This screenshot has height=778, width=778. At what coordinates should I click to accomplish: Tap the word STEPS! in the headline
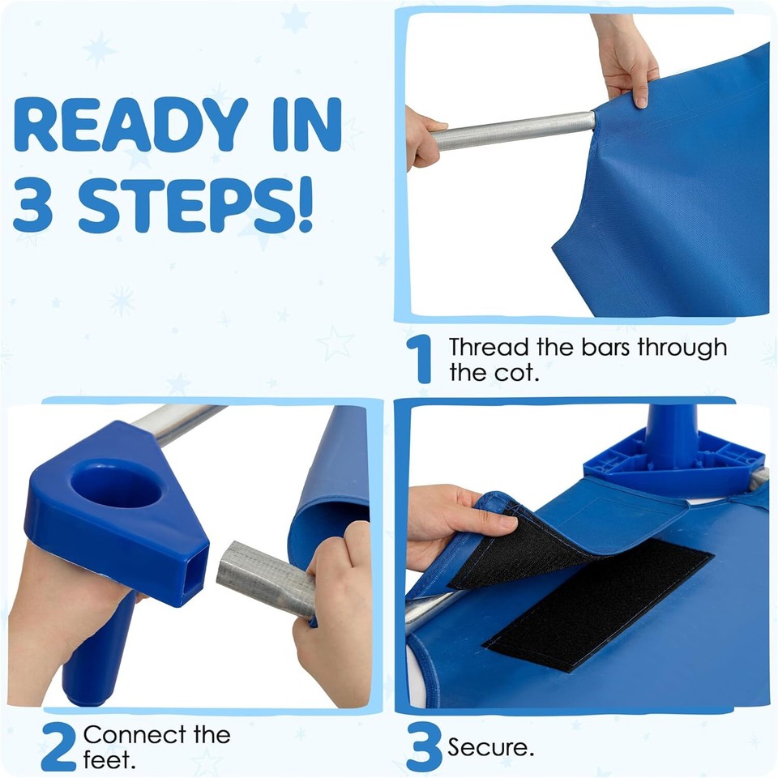tap(195, 205)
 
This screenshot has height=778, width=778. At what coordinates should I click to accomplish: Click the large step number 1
tap(420, 359)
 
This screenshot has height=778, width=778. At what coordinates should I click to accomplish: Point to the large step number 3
tap(424, 746)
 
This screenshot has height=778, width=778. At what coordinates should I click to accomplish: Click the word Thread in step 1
tap(488, 348)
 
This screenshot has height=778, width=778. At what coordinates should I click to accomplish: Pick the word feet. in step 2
tap(109, 760)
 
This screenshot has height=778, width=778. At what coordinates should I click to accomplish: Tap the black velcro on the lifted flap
tap(516, 553)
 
